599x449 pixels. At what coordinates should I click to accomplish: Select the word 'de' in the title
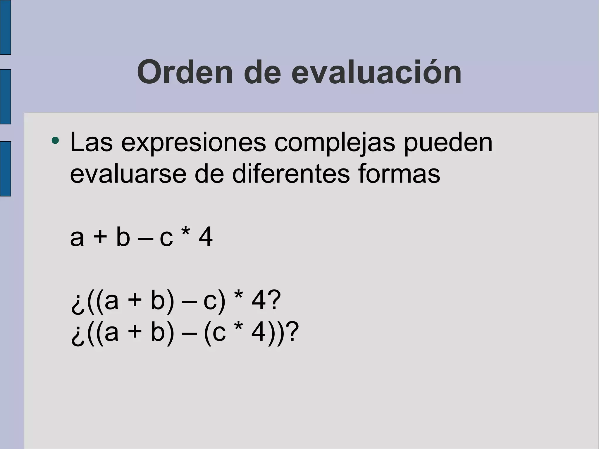(262, 72)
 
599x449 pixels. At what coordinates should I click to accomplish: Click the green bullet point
(55, 141)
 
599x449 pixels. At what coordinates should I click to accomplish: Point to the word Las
(91, 142)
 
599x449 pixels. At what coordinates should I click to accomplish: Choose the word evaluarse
(128, 174)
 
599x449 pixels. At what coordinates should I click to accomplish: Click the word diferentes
(291, 174)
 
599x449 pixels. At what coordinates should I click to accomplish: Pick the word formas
(399, 174)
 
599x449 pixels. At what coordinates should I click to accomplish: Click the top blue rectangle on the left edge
(5, 27)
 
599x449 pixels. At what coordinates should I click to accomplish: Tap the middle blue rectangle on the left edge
(5, 97)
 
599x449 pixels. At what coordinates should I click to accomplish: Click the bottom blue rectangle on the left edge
(5, 168)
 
